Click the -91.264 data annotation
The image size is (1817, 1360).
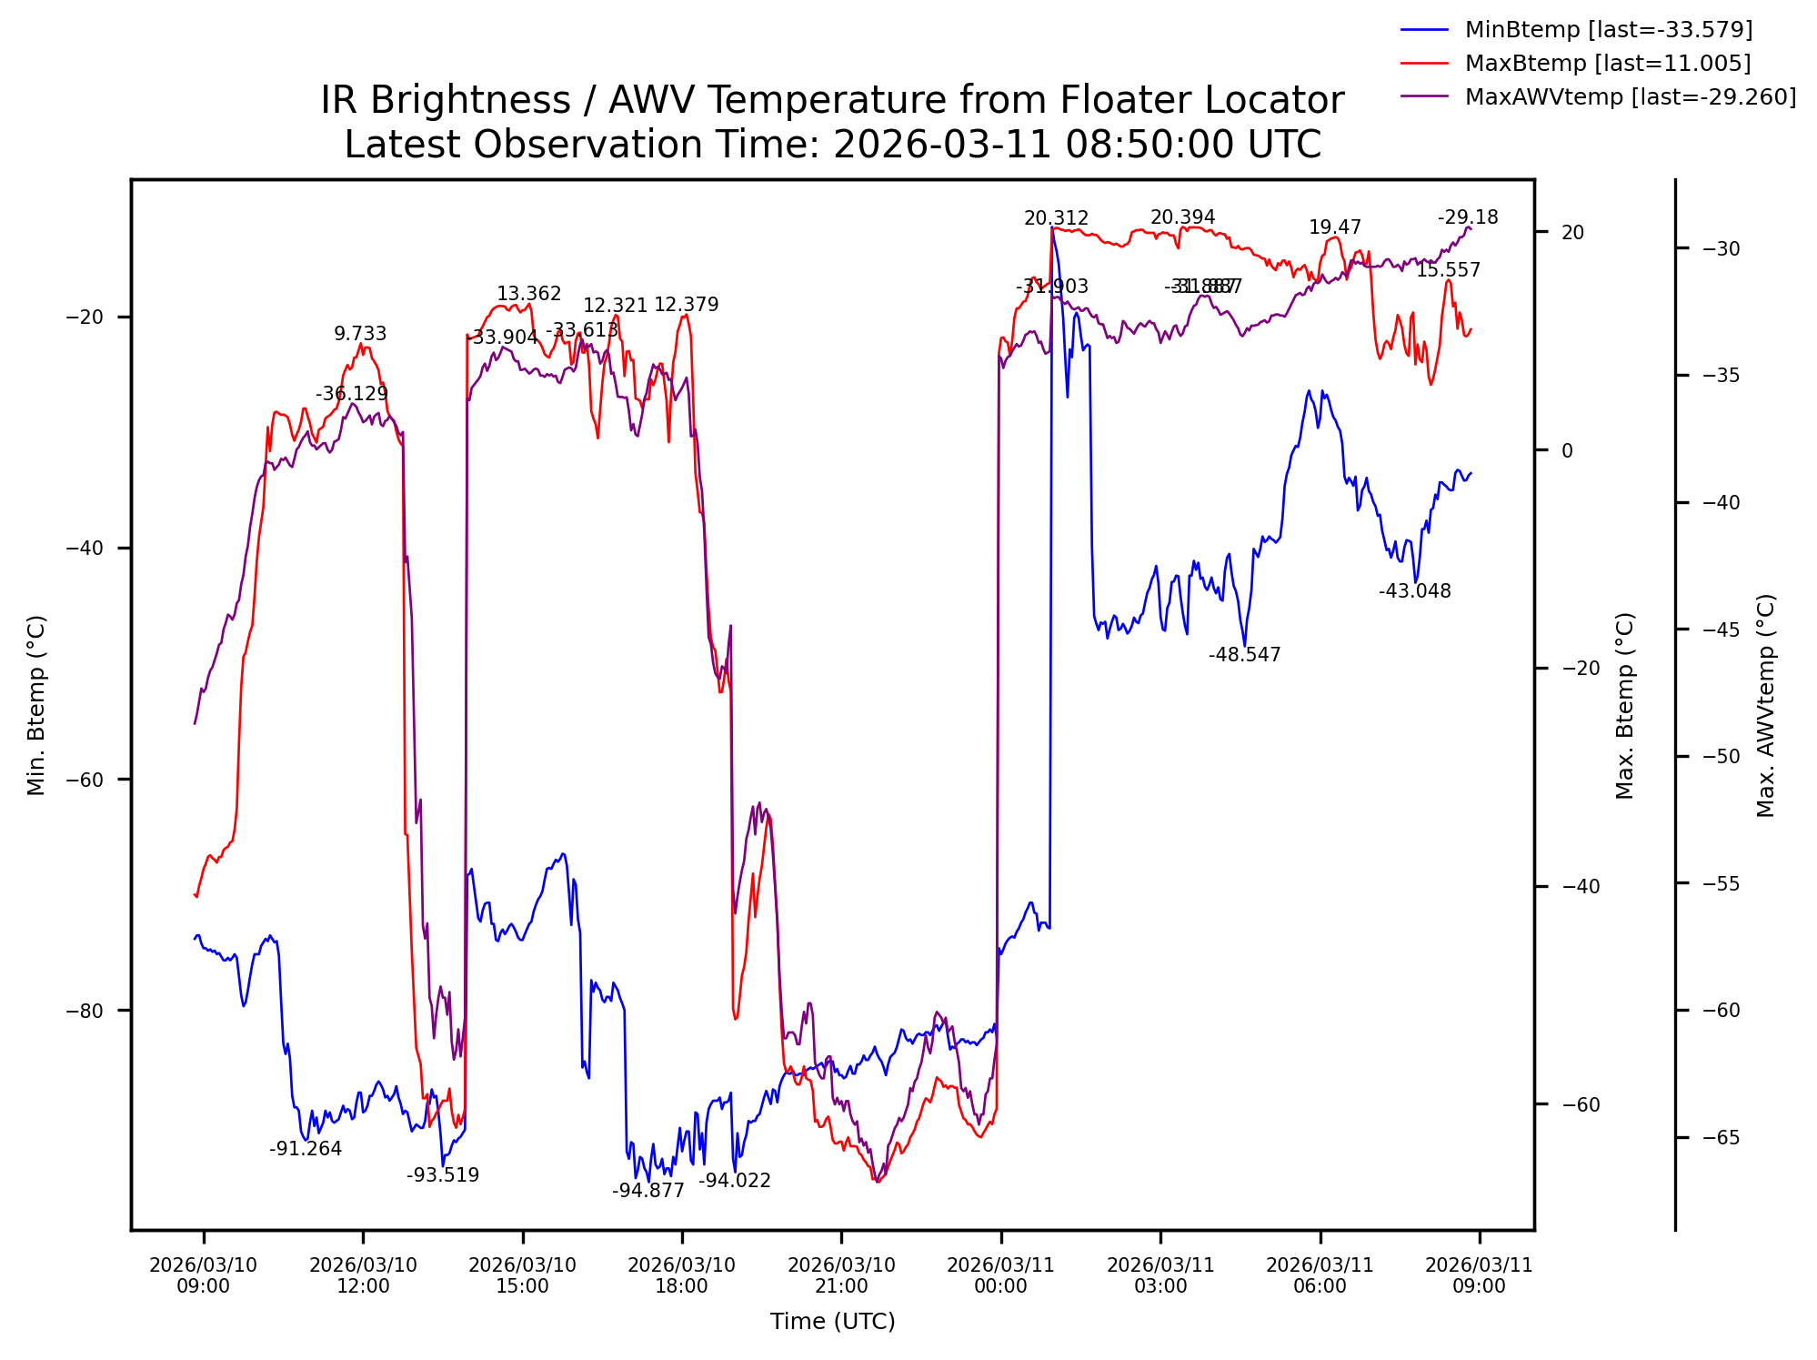tap(306, 1149)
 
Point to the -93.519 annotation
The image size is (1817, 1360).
tap(442, 1175)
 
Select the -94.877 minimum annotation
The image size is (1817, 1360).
tap(647, 1191)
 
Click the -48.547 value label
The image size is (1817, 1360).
tap(1244, 655)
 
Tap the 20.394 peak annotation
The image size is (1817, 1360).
tap(1182, 217)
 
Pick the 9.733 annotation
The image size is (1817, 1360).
tap(360, 334)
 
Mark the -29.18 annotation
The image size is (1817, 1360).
tap(1468, 217)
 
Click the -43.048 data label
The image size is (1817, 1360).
tap(1414, 591)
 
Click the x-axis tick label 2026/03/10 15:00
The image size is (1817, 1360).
tap(522, 1275)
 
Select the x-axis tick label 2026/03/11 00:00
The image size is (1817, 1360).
tap(1000, 1275)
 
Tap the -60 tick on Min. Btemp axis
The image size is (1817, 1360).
tap(85, 780)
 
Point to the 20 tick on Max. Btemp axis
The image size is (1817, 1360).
tap(1572, 232)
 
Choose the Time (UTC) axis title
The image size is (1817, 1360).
tap(832, 1322)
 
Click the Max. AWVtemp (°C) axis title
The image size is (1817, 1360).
tap(1765, 706)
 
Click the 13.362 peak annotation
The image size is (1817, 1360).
tap(528, 294)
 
